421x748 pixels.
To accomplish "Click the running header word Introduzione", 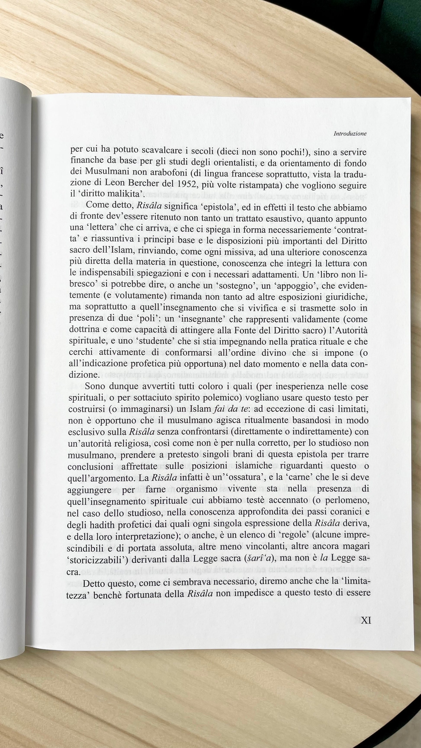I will point(350,134).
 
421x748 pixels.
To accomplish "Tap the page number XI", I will point(366,620).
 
